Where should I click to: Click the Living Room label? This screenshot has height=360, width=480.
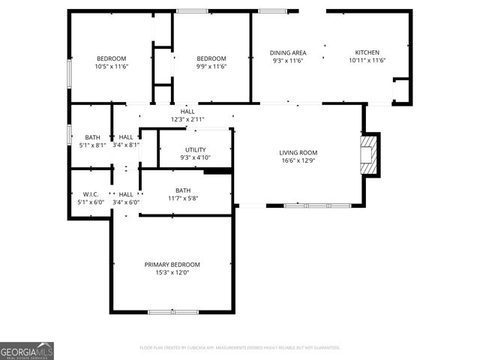[x=299, y=152]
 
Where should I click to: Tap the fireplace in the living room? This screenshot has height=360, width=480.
[x=369, y=154]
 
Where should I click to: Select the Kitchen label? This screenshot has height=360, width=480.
[x=367, y=52]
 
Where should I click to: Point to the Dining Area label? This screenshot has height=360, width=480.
[x=288, y=52]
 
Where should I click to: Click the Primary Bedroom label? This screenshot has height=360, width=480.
[x=172, y=265]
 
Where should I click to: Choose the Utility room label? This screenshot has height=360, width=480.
[x=195, y=150]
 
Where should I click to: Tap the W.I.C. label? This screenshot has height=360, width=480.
[x=91, y=195]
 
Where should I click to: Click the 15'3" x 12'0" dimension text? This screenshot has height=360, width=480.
[x=172, y=273]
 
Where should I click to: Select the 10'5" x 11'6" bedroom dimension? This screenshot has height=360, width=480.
[x=112, y=67]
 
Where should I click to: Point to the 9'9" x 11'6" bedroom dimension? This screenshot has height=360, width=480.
[x=211, y=67]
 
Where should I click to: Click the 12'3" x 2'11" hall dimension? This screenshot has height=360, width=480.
[x=187, y=119]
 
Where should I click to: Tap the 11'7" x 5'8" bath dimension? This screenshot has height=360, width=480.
[x=183, y=198]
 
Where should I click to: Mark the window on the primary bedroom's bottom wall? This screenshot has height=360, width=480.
[x=173, y=311]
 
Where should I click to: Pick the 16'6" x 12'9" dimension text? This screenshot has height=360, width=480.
[x=299, y=160]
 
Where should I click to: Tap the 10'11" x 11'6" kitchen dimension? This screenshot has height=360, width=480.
[x=367, y=60]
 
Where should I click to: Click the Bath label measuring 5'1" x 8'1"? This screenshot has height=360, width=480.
[x=92, y=137]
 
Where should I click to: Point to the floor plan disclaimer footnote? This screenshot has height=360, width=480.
[x=240, y=348]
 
